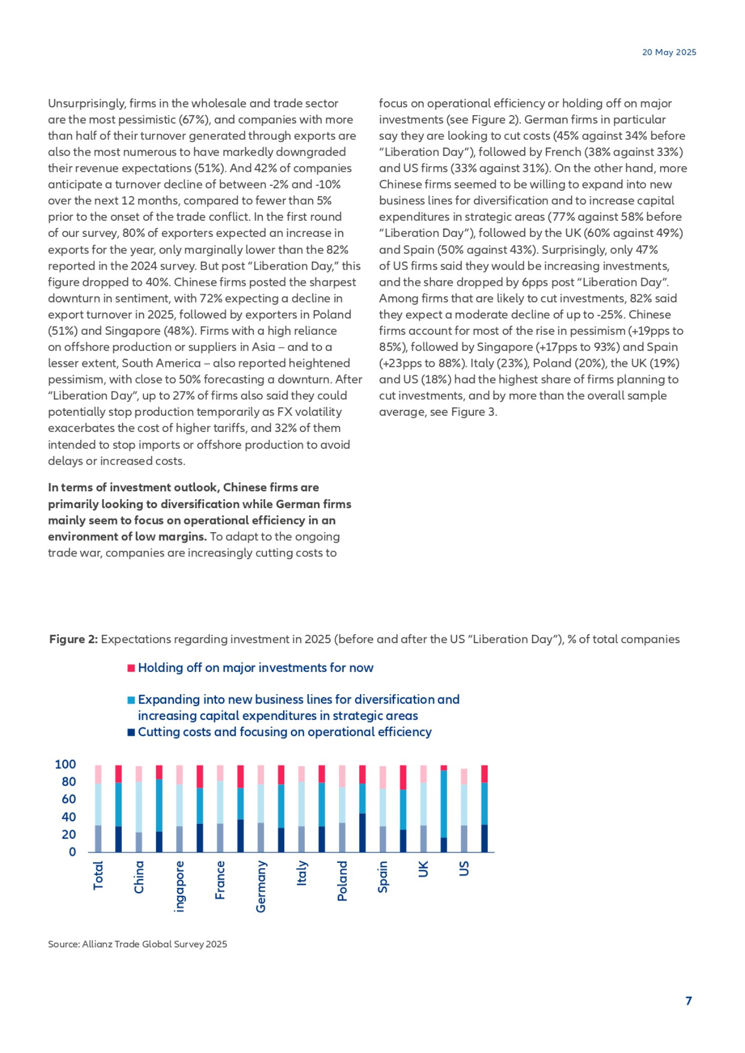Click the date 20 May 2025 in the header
[669, 52]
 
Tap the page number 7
[688, 1000]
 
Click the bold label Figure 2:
[73, 639]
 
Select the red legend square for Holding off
[131, 668]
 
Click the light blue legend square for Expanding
[131, 700]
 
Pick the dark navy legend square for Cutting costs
[131, 732]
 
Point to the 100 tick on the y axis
[65, 764]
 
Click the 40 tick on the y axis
[69, 817]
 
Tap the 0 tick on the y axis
[73, 852]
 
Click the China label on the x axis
[139, 876]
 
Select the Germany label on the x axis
[261, 886]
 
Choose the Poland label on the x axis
[342, 881]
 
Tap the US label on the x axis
[464, 869]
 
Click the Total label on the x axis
[98, 875]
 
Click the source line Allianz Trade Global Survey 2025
[138, 944]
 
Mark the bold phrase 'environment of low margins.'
[127, 536]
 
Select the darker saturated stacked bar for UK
[444, 808]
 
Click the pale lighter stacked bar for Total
[98, 808]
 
